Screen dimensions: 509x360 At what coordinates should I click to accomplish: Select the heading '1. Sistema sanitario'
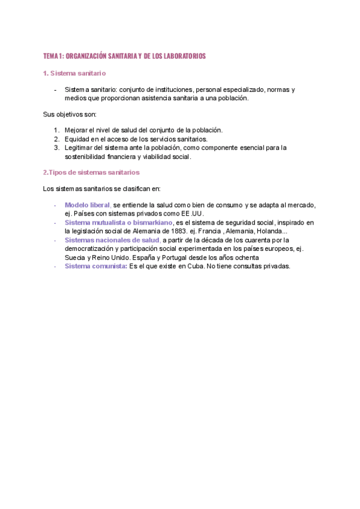74,73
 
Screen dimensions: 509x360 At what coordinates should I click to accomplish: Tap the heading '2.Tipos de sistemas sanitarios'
91,172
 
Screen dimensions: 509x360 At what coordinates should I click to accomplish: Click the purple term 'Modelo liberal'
88,205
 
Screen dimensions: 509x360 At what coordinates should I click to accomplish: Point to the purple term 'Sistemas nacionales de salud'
112,240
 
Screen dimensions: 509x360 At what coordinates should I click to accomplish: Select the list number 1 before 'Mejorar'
56,130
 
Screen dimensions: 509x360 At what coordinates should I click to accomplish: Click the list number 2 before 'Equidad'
56,139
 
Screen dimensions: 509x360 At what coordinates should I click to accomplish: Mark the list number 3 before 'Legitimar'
56,147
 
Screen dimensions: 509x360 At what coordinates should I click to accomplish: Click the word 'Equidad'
77,139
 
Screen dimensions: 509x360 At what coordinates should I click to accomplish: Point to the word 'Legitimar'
80,147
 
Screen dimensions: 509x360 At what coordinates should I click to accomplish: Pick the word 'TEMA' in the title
50,56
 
